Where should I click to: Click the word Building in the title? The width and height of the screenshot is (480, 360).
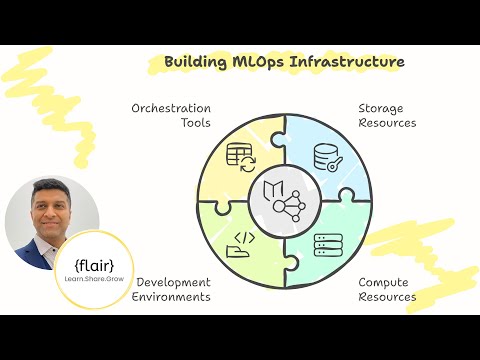pyautogui.click(x=191, y=62)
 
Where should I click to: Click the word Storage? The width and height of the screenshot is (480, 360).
pyautogui.click(x=383, y=108)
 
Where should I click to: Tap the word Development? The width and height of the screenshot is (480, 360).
pyautogui.click(x=174, y=282)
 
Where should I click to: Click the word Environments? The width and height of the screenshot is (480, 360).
pyautogui.click(x=174, y=297)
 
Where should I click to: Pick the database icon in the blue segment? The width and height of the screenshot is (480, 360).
pyautogui.click(x=328, y=157)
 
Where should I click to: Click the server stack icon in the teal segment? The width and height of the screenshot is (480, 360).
pyautogui.click(x=328, y=246)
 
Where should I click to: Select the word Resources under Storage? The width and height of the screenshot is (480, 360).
pyautogui.click(x=388, y=123)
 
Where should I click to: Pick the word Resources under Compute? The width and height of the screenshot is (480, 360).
pyautogui.click(x=388, y=297)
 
